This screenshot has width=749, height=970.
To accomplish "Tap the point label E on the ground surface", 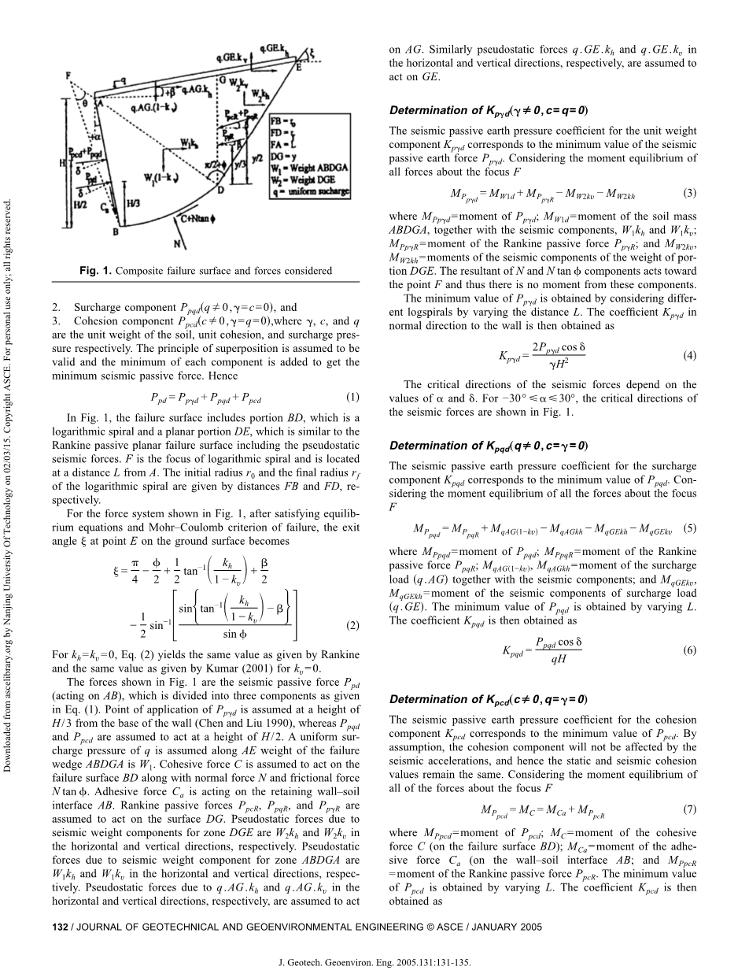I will (299, 69).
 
